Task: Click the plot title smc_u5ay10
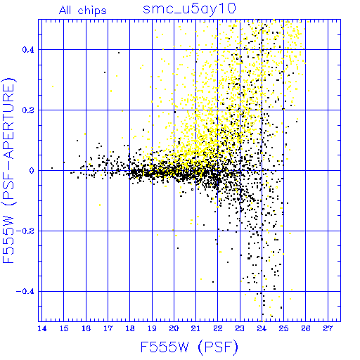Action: pyautogui.click(x=189, y=9)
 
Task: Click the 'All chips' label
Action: pyautogui.click(x=83, y=11)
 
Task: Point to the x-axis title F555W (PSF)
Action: pyautogui.click(x=189, y=347)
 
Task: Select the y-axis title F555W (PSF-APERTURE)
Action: pyautogui.click(x=8, y=170)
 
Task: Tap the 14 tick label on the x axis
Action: pyautogui.click(x=42, y=328)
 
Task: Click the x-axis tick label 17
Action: pyautogui.click(x=108, y=328)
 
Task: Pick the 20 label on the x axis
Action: pyautogui.click(x=174, y=328)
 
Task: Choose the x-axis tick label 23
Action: pyautogui.click(x=240, y=328)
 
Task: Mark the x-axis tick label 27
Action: pyautogui.click(x=328, y=328)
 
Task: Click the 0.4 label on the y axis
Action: pyautogui.click(x=28, y=50)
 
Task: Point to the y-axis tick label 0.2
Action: pyautogui.click(x=28, y=110)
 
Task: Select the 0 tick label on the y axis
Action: pyautogui.click(x=32, y=171)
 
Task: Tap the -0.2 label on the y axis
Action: pyautogui.click(x=25, y=231)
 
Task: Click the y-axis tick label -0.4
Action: pyautogui.click(x=25, y=292)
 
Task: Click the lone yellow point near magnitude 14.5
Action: pyautogui.click(x=53, y=86)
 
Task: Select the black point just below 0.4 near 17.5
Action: pyautogui.click(x=119, y=53)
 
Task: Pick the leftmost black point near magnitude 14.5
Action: pyautogui.click(x=52, y=168)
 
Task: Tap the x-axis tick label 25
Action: pyautogui.click(x=284, y=328)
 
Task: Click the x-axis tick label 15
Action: pyautogui.click(x=64, y=328)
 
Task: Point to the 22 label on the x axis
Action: pyautogui.click(x=218, y=328)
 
